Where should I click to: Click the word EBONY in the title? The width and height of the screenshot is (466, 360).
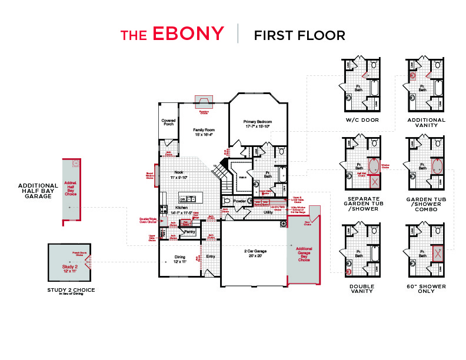[188, 34]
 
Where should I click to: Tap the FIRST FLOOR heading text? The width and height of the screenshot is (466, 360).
[299, 35]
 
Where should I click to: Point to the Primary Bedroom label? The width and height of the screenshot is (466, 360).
[258, 124]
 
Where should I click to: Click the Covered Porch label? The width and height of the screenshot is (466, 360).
[168, 122]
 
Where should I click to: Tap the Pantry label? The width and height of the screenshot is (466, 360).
[189, 232]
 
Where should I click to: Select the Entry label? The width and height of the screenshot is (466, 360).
[210, 257]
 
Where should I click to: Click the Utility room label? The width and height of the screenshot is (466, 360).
[268, 212]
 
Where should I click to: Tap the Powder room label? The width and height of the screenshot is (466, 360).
[239, 201]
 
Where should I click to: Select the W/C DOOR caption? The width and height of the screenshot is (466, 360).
[362, 120]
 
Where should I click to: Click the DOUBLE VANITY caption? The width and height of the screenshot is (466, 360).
[362, 289]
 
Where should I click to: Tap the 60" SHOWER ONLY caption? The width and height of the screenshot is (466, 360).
[431, 289]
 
